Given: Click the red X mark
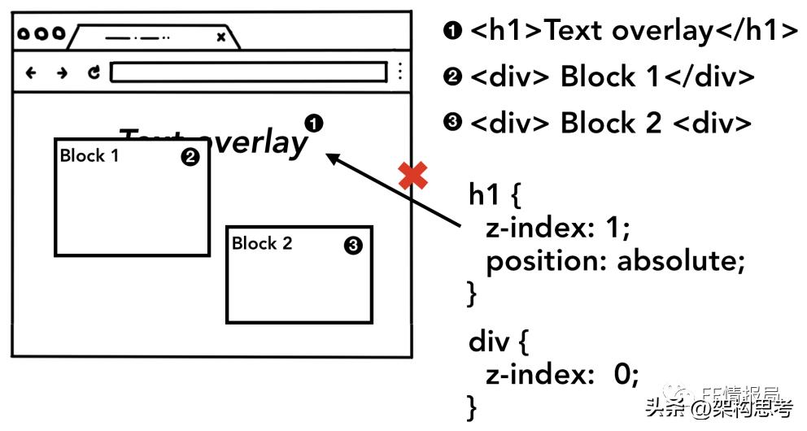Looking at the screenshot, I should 413,175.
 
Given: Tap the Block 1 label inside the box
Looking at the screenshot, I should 89,155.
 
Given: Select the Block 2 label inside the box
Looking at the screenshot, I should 261,243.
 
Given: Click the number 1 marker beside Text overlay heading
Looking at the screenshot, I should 314,124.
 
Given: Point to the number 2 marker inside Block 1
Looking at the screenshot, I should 190,158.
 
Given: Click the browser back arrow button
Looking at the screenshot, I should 32,73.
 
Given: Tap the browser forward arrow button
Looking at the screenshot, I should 62,73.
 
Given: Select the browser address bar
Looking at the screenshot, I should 248,72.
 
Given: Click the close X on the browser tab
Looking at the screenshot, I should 220,37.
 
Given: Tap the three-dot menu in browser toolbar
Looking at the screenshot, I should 399,72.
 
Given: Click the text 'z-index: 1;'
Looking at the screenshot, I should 557,229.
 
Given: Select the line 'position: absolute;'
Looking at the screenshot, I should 615,261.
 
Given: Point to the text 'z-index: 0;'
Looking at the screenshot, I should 562,374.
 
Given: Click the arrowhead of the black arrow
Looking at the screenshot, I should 332,158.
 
